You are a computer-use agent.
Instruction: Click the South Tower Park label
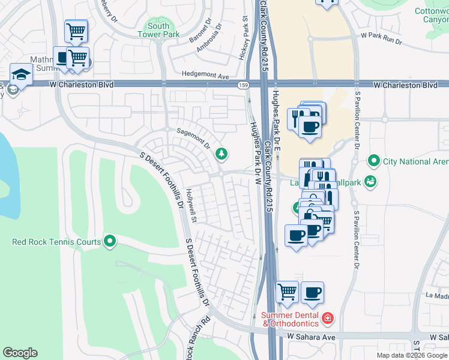pyautogui.click(x=158, y=30)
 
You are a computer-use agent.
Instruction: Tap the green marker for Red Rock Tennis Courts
pyautogui.click(x=109, y=242)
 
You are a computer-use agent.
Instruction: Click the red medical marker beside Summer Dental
pyautogui.click(x=328, y=318)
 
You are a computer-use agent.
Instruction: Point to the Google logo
pyautogui.click(x=20, y=353)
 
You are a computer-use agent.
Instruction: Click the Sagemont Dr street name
pyautogui.click(x=193, y=137)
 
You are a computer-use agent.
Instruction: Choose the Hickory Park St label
pyautogui.click(x=245, y=40)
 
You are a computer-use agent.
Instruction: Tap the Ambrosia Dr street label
pyautogui.click(x=211, y=37)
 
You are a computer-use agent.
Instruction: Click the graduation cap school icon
pyautogui.click(x=21, y=75)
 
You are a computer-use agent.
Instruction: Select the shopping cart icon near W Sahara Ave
pyautogui.click(x=288, y=292)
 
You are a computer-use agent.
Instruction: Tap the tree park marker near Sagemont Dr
pyautogui.click(x=222, y=155)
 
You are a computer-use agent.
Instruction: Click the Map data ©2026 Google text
pyautogui.click(x=412, y=355)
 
